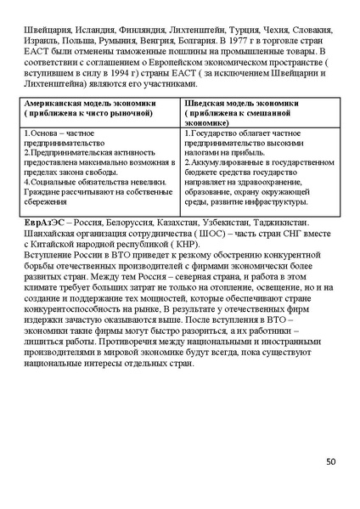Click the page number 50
[x=330, y=461]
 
